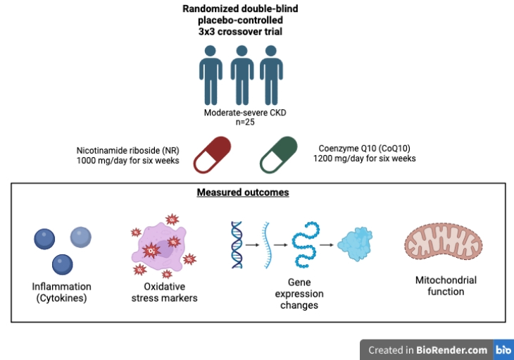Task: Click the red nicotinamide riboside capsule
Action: click(x=213, y=154)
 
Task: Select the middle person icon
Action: click(x=242, y=75)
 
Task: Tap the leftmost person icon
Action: click(x=211, y=75)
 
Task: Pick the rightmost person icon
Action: click(x=271, y=75)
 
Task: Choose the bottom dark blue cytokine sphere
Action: click(x=63, y=264)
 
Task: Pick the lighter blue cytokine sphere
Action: click(x=80, y=237)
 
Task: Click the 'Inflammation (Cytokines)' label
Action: click(x=61, y=292)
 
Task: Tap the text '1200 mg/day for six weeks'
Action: click(x=364, y=159)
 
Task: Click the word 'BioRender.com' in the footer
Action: click(x=451, y=349)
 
